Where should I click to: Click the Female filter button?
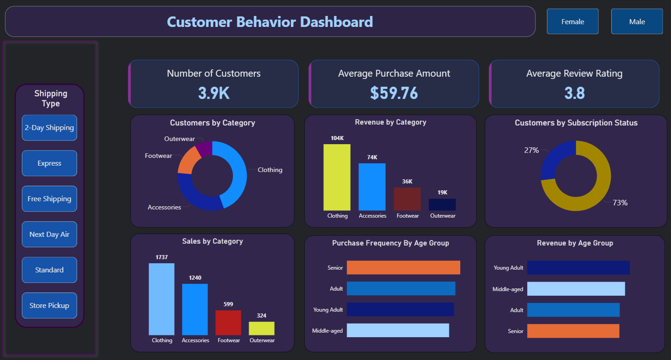pyautogui.click(x=572, y=21)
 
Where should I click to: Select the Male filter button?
pyautogui.click(x=637, y=21)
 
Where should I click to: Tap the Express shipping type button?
pyautogui.click(x=49, y=163)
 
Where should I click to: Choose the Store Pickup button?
pyautogui.click(x=49, y=305)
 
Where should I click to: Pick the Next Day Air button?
pyautogui.click(x=49, y=234)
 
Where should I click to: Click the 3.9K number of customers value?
pyautogui.click(x=213, y=93)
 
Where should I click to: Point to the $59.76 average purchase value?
pyautogui.click(x=394, y=93)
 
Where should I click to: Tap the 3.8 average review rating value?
pyautogui.click(x=574, y=93)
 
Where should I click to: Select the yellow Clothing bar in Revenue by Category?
pyautogui.click(x=337, y=177)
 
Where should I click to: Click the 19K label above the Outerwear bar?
pyautogui.click(x=442, y=193)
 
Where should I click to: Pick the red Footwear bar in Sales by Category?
pyautogui.click(x=228, y=323)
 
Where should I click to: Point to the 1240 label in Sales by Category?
pyautogui.click(x=195, y=278)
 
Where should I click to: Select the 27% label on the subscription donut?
pyautogui.click(x=531, y=150)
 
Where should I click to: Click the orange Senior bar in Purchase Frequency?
pyautogui.click(x=403, y=267)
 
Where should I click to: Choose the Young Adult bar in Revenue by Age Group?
pyautogui.click(x=578, y=268)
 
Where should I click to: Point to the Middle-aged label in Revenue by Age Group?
pyautogui.click(x=508, y=289)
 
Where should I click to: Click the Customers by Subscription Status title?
pyautogui.click(x=576, y=123)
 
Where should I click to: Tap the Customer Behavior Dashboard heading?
pyautogui.click(x=270, y=21)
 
